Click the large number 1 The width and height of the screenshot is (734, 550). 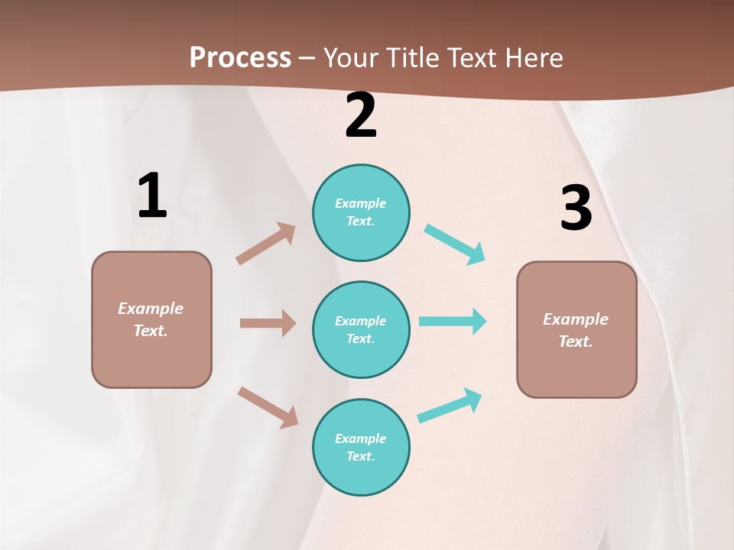(x=152, y=196)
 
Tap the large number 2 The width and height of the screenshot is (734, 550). (x=361, y=115)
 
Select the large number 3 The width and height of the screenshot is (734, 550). (x=576, y=209)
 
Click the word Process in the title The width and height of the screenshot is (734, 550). (x=240, y=57)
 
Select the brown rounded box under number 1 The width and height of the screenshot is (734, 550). (x=151, y=319)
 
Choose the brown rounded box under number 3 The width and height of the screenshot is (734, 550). (x=576, y=329)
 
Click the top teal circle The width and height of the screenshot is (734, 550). (x=361, y=212)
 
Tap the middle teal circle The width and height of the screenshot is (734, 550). (x=361, y=329)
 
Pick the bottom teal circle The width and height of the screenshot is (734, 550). (x=361, y=447)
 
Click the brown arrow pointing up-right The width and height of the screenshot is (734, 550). (x=266, y=244)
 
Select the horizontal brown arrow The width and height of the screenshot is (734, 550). (x=268, y=323)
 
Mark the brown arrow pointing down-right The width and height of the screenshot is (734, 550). (x=268, y=406)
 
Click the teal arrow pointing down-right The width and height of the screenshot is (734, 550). (x=455, y=244)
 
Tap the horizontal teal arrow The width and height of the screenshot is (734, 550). (x=453, y=321)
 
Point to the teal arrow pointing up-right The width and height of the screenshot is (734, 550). (x=450, y=405)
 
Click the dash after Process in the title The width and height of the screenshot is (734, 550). (x=307, y=58)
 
